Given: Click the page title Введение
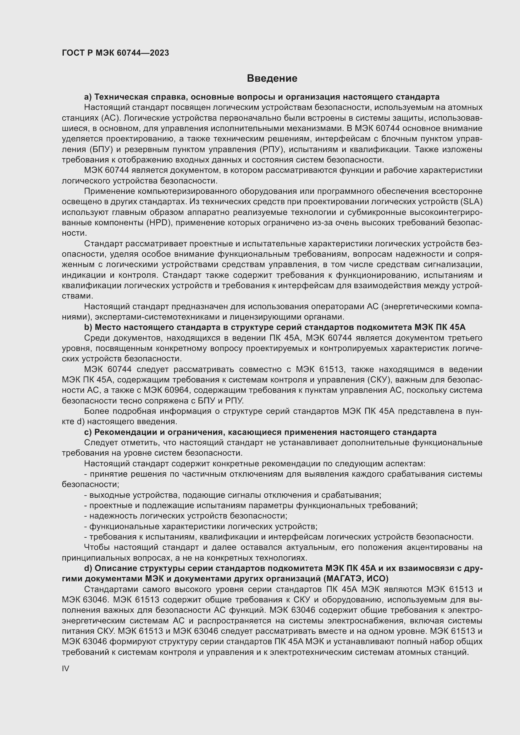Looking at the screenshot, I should point(272,79).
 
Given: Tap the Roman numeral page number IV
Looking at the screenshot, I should point(65,668).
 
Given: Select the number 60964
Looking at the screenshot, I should point(177,390).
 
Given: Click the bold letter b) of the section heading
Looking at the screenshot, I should point(88,327).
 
